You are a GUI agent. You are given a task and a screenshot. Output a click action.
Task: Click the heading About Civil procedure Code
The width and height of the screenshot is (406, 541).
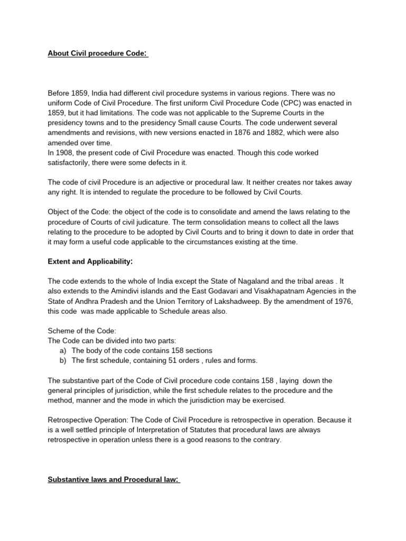[x=98, y=53]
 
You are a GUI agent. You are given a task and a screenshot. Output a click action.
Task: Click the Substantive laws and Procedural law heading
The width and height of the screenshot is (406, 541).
[x=114, y=480]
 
